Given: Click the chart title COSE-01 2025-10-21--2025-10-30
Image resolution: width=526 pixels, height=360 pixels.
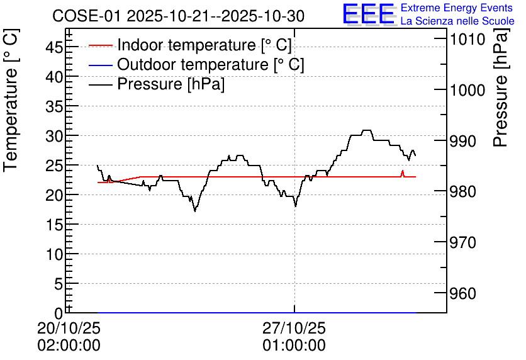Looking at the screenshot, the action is [x=178, y=16].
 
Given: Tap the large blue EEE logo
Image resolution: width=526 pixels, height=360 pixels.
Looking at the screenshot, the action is [x=368, y=14].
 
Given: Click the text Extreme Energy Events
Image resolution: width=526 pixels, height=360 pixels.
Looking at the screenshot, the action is [x=457, y=8].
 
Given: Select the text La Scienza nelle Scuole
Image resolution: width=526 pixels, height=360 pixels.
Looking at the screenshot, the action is [x=457, y=21].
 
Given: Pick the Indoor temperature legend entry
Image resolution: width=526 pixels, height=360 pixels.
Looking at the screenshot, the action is [x=190, y=45].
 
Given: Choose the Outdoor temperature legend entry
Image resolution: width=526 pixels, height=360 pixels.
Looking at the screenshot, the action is [x=196, y=64].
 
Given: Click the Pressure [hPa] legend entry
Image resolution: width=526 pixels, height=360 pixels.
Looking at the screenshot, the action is [x=157, y=84].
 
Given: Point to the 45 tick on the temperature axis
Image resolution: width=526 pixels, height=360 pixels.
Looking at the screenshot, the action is [x=54, y=47].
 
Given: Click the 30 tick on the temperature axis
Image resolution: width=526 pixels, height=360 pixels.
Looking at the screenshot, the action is [x=54, y=135].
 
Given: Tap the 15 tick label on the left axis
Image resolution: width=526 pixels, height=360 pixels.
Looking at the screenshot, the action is [x=54, y=225].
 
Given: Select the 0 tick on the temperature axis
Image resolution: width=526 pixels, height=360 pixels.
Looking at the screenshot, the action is [x=59, y=313].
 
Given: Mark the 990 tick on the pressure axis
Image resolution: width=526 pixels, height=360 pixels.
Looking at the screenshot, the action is [x=462, y=141].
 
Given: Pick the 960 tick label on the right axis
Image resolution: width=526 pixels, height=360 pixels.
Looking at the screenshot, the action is [x=462, y=293].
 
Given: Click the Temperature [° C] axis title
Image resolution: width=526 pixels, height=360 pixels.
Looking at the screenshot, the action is [x=11, y=101].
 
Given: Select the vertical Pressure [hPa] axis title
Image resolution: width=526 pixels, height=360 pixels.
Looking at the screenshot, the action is [x=501, y=87].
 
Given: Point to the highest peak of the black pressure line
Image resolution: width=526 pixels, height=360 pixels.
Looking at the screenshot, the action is [x=367, y=130].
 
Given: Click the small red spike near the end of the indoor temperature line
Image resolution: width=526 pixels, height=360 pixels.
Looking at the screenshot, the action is [x=403, y=171].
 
